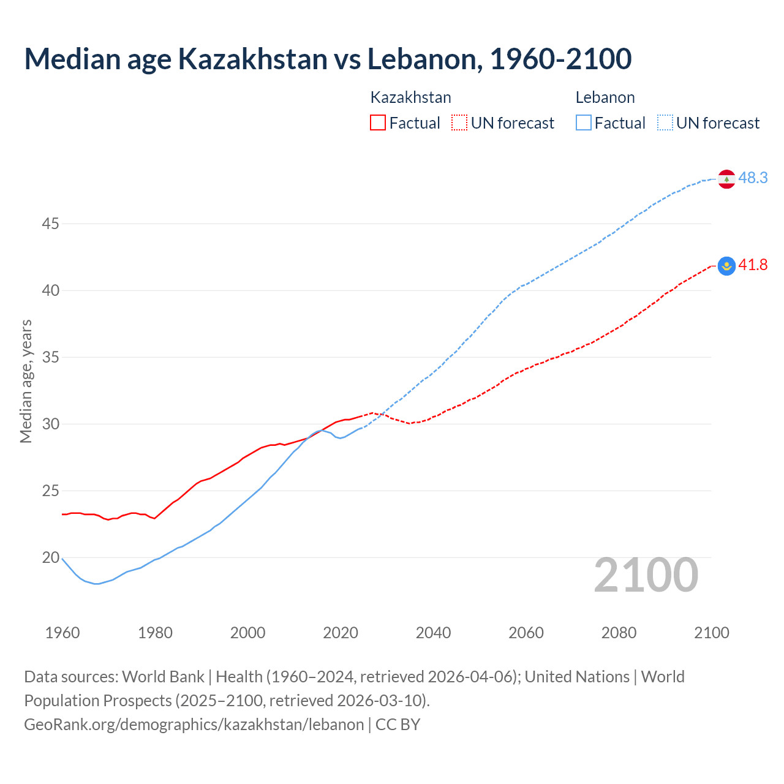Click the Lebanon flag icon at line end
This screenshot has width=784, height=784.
(x=726, y=179)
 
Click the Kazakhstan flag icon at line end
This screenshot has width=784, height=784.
(x=726, y=266)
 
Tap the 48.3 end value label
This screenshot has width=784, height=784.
(x=753, y=178)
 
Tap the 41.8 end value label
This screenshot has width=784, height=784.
(x=753, y=265)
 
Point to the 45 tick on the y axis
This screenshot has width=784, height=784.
(x=50, y=224)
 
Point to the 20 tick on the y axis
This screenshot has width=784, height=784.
(x=50, y=558)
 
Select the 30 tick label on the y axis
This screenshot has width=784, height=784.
(x=50, y=424)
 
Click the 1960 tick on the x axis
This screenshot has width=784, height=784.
(x=62, y=633)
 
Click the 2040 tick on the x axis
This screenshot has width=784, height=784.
(x=433, y=633)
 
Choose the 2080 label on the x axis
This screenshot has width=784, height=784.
(x=619, y=633)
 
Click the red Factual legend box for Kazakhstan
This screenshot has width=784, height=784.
(x=378, y=123)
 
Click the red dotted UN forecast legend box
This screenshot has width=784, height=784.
(x=459, y=123)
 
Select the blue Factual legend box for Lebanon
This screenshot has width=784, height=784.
(x=584, y=123)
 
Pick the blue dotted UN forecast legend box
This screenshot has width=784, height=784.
(x=665, y=123)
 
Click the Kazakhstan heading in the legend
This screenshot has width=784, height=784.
(x=411, y=97)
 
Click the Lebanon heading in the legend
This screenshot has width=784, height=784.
(x=605, y=97)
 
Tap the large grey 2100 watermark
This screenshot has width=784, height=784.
(x=646, y=575)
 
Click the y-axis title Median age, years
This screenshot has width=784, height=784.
(x=26, y=381)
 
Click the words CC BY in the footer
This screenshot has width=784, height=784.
(x=398, y=725)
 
